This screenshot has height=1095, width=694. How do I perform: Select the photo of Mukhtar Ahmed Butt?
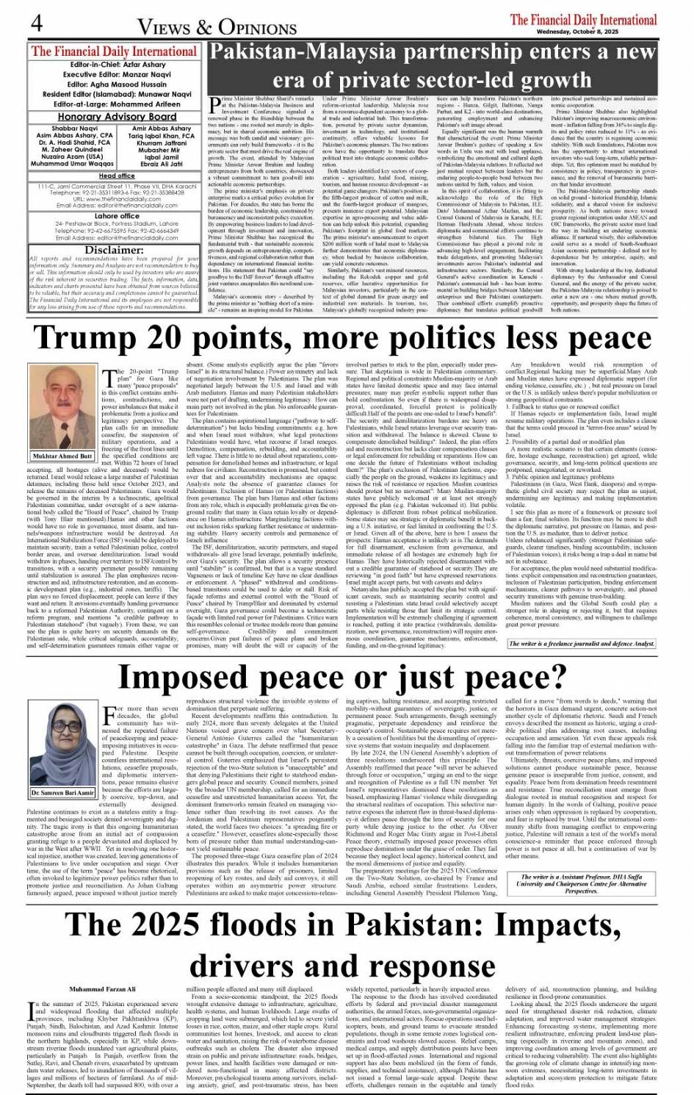(62, 407)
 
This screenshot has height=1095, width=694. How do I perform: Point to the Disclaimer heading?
(114, 249)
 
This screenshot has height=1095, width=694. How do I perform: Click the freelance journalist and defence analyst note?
(581, 644)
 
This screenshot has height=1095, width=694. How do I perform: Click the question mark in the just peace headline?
(557, 677)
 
